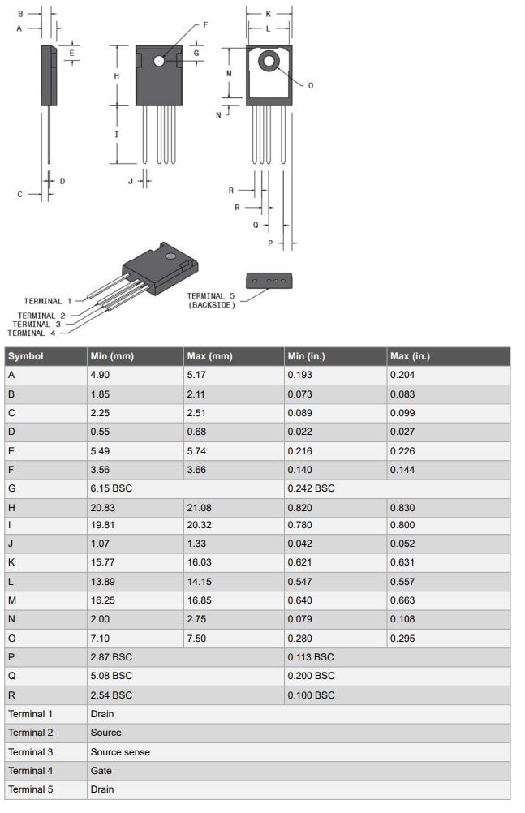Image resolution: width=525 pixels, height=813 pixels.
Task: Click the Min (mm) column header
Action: pyautogui.click(x=112, y=356)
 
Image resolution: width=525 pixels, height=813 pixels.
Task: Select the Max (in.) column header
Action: pyautogui.click(x=410, y=356)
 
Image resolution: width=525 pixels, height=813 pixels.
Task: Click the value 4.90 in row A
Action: pyautogui.click(x=101, y=375)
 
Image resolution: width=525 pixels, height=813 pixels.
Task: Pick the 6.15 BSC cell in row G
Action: pyautogui.click(x=111, y=488)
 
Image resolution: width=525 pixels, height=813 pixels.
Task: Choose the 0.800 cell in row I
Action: pyautogui.click(x=402, y=525)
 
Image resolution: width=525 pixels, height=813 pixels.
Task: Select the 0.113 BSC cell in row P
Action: pyautogui.click(x=311, y=656)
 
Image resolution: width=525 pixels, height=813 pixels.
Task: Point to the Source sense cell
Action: pyautogui.click(x=120, y=752)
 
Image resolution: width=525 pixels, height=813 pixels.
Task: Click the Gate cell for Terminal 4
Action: pyautogui.click(x=101, y=771)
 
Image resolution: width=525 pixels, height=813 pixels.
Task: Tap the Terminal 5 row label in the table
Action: pyautogui.click(x=30, y=789)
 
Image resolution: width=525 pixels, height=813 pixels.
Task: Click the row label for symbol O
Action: pyautogui.click(x=11, y=639)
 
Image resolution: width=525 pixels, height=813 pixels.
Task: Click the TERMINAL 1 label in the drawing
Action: pyautogui.click(x=48, y=301)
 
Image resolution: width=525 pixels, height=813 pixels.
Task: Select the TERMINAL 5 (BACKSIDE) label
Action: pyautogui.click(x=211, y=300)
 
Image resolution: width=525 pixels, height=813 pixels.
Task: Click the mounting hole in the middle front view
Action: pyautogui.click(x=159, y=61)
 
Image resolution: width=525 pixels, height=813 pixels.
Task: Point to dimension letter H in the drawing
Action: pyautogui.click(x=117, y=75)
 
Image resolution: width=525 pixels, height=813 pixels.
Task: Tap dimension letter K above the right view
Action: pyautogui.click(x=269, y=15)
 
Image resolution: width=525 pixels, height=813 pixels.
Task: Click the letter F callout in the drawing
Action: pyautogui.click(x=205, y=25)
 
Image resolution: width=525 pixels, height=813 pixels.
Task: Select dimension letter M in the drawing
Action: pyautogui.click(x=229, y=73)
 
